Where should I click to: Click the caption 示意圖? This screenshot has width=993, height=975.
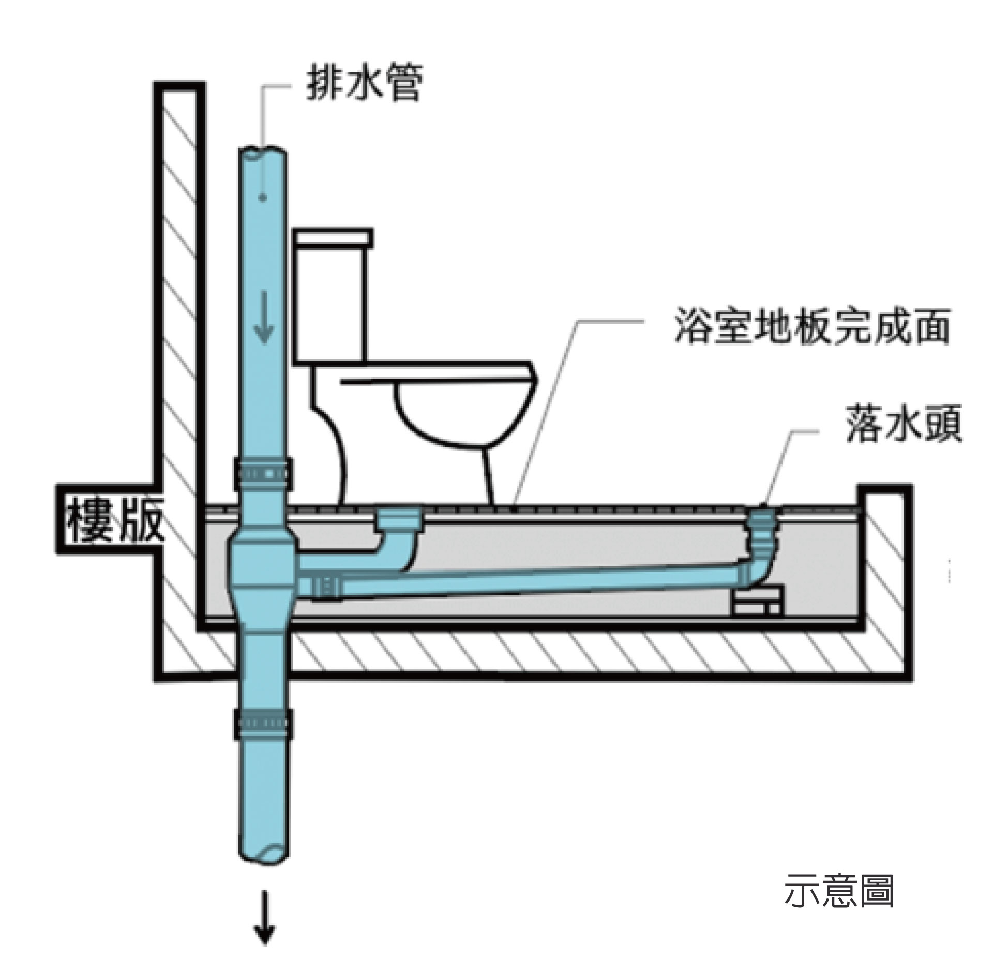(839, 891)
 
